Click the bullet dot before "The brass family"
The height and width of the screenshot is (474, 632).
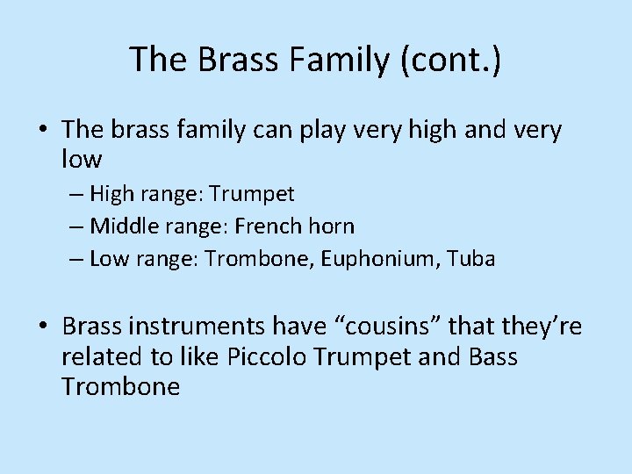(x=43, y=132)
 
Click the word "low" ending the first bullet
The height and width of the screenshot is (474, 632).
(x=82, y=160)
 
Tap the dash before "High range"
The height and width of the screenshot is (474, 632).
(x=75, y=194)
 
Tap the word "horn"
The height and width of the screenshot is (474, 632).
(x=332, y=226)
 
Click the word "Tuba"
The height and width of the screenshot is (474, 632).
(x=471, y=259)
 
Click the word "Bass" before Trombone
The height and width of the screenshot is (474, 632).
(x=493, y=357)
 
